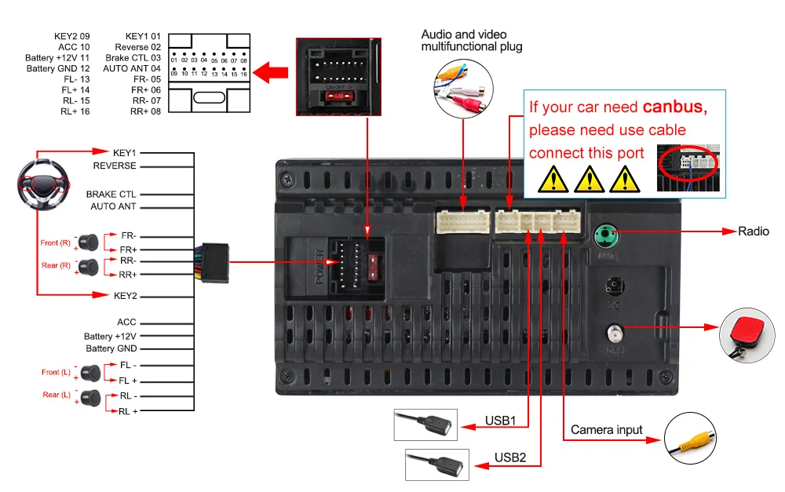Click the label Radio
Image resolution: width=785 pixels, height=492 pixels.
754,231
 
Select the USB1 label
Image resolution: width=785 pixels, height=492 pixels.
499,421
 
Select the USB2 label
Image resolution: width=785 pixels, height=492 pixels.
510,457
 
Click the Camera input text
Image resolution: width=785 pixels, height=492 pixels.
606,430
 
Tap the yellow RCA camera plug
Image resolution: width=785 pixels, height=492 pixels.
691,440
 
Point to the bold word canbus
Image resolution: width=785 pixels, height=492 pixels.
674,108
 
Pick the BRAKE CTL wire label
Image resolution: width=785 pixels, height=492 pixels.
111,194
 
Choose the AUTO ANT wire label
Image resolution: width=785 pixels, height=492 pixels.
113,206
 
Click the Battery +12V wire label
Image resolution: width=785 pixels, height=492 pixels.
110,336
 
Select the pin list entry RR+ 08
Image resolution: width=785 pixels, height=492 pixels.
146,111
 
